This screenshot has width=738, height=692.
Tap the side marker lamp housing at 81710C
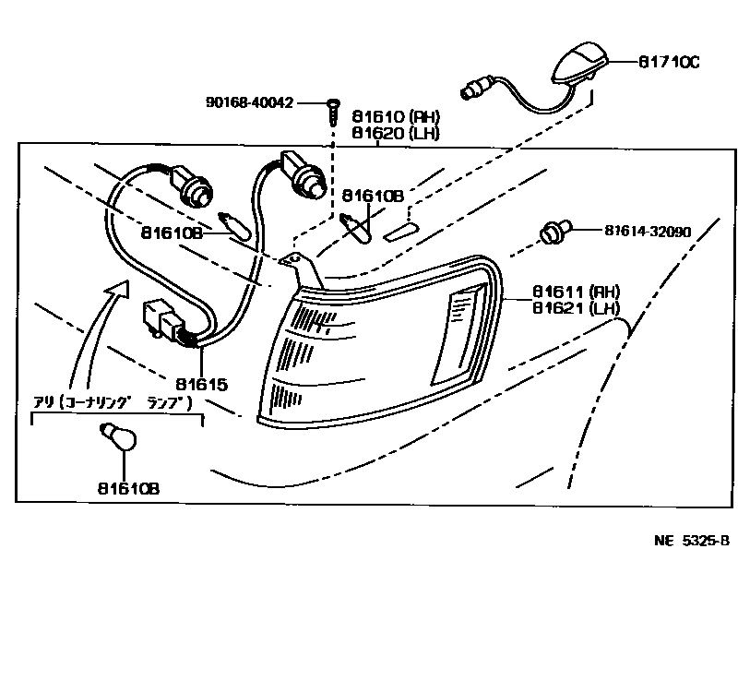(576, 66)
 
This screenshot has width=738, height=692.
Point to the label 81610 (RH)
(395, 117)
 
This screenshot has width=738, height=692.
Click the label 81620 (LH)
(395, 133)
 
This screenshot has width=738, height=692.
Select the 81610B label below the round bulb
(126, 488)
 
